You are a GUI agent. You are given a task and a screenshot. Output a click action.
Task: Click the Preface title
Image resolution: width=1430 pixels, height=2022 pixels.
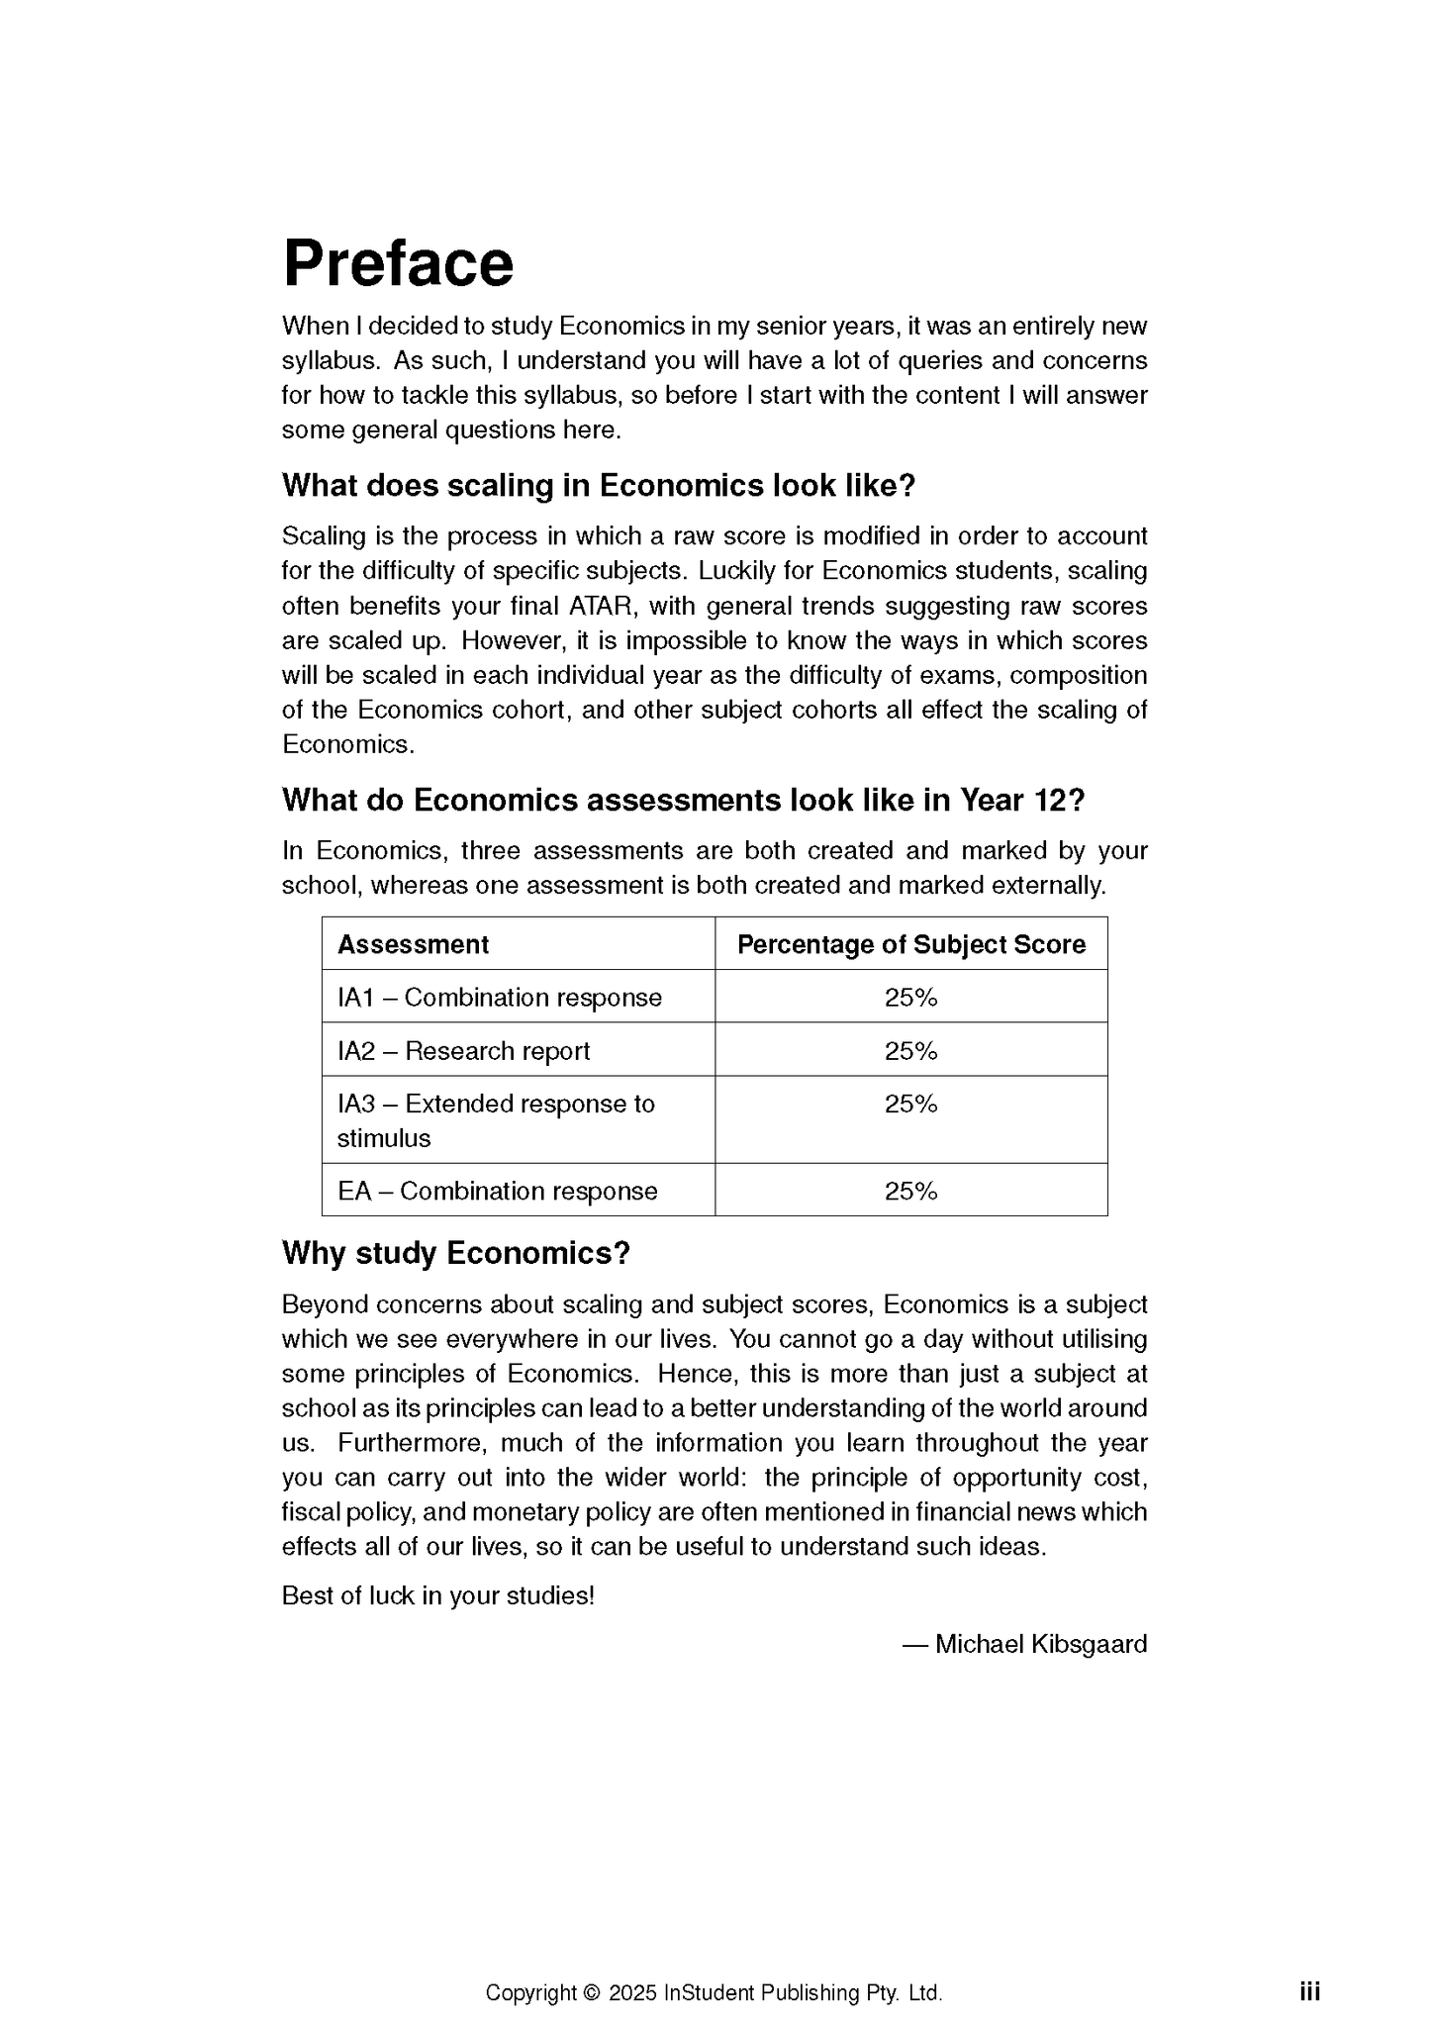point(398,263)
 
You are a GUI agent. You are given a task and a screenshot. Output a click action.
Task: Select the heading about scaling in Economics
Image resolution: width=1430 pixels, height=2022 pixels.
point(599,486)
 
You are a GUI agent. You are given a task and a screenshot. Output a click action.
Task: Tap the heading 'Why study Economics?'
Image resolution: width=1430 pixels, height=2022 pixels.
point(455,1253)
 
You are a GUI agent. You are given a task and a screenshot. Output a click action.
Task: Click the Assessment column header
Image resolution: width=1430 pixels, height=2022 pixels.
point(413,944)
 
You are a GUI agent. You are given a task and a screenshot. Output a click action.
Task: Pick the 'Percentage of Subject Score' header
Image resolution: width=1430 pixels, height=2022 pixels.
point(910,944)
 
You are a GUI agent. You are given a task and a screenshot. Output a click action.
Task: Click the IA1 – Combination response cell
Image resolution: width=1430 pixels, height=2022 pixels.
point(499,998)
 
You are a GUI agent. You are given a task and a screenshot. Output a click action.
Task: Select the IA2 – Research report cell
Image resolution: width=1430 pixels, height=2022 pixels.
point(463,1051)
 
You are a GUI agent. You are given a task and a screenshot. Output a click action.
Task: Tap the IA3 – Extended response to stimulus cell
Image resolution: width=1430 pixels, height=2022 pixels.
point(495,1120)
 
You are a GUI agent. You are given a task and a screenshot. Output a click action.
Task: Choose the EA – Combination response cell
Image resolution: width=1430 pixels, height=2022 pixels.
point(497,1191)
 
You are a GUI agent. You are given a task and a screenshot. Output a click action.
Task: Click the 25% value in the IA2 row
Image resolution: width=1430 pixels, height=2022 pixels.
point(910,1051)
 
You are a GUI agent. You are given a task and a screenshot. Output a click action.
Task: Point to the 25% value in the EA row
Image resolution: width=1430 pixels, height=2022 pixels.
point(910,1191)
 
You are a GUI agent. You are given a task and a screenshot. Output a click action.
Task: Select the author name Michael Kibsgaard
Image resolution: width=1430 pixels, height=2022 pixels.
point(1040,1644)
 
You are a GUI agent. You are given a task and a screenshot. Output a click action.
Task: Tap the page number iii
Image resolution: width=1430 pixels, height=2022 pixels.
point(1309,1991)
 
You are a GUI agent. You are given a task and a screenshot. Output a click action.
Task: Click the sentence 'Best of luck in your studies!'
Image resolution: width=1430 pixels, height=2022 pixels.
point(437,1595)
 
